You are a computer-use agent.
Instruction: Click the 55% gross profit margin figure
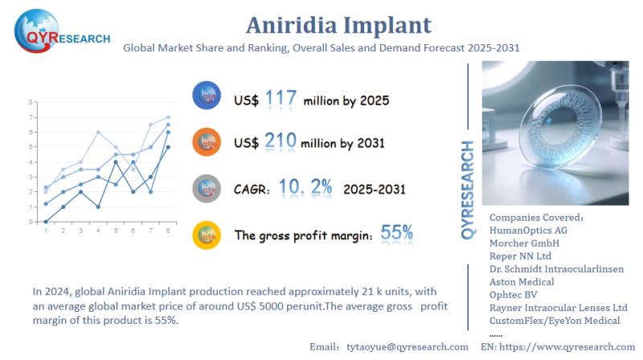click(396, 234)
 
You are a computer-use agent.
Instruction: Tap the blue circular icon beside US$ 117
click(207, 96)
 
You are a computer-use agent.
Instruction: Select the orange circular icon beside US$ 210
click(207, 142)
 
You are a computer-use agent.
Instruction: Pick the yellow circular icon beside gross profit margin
click(207, 234)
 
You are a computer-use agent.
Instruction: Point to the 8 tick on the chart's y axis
click(31, 103)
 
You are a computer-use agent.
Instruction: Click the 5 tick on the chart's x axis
click(117, 231)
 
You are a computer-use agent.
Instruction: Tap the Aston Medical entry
click(522, 282)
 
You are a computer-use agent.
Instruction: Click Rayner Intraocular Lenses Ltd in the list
click(558, 308)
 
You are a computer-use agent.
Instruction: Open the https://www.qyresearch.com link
click(573, 346)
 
